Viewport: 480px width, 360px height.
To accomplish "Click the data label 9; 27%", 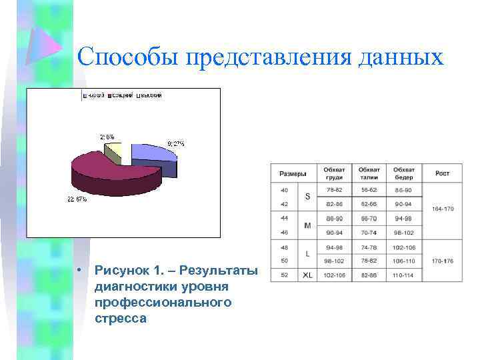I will (x=175, y=143).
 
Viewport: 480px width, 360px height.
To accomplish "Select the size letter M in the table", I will (x=307, y=225).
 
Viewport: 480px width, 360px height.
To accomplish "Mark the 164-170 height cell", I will (x=443, y=209).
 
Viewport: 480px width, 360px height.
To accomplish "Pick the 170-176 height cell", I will (x=443, y=261).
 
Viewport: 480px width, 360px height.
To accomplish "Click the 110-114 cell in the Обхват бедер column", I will (x=404, y=275).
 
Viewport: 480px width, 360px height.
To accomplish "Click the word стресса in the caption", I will (x=121, y=319).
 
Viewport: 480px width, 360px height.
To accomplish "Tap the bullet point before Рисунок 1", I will (x=79, y=271).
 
